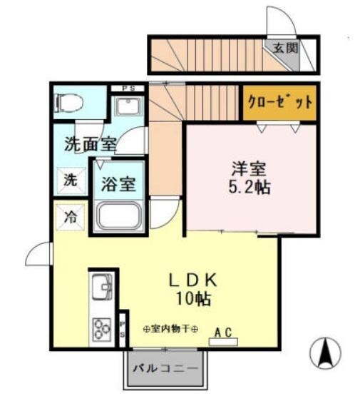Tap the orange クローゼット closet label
click(279, 101)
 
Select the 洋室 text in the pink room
click(248, 171)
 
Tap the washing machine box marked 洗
click(69, 180)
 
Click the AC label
click(223, 332)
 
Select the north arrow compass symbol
click(324, 351)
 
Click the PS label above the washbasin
click(129, 88)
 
